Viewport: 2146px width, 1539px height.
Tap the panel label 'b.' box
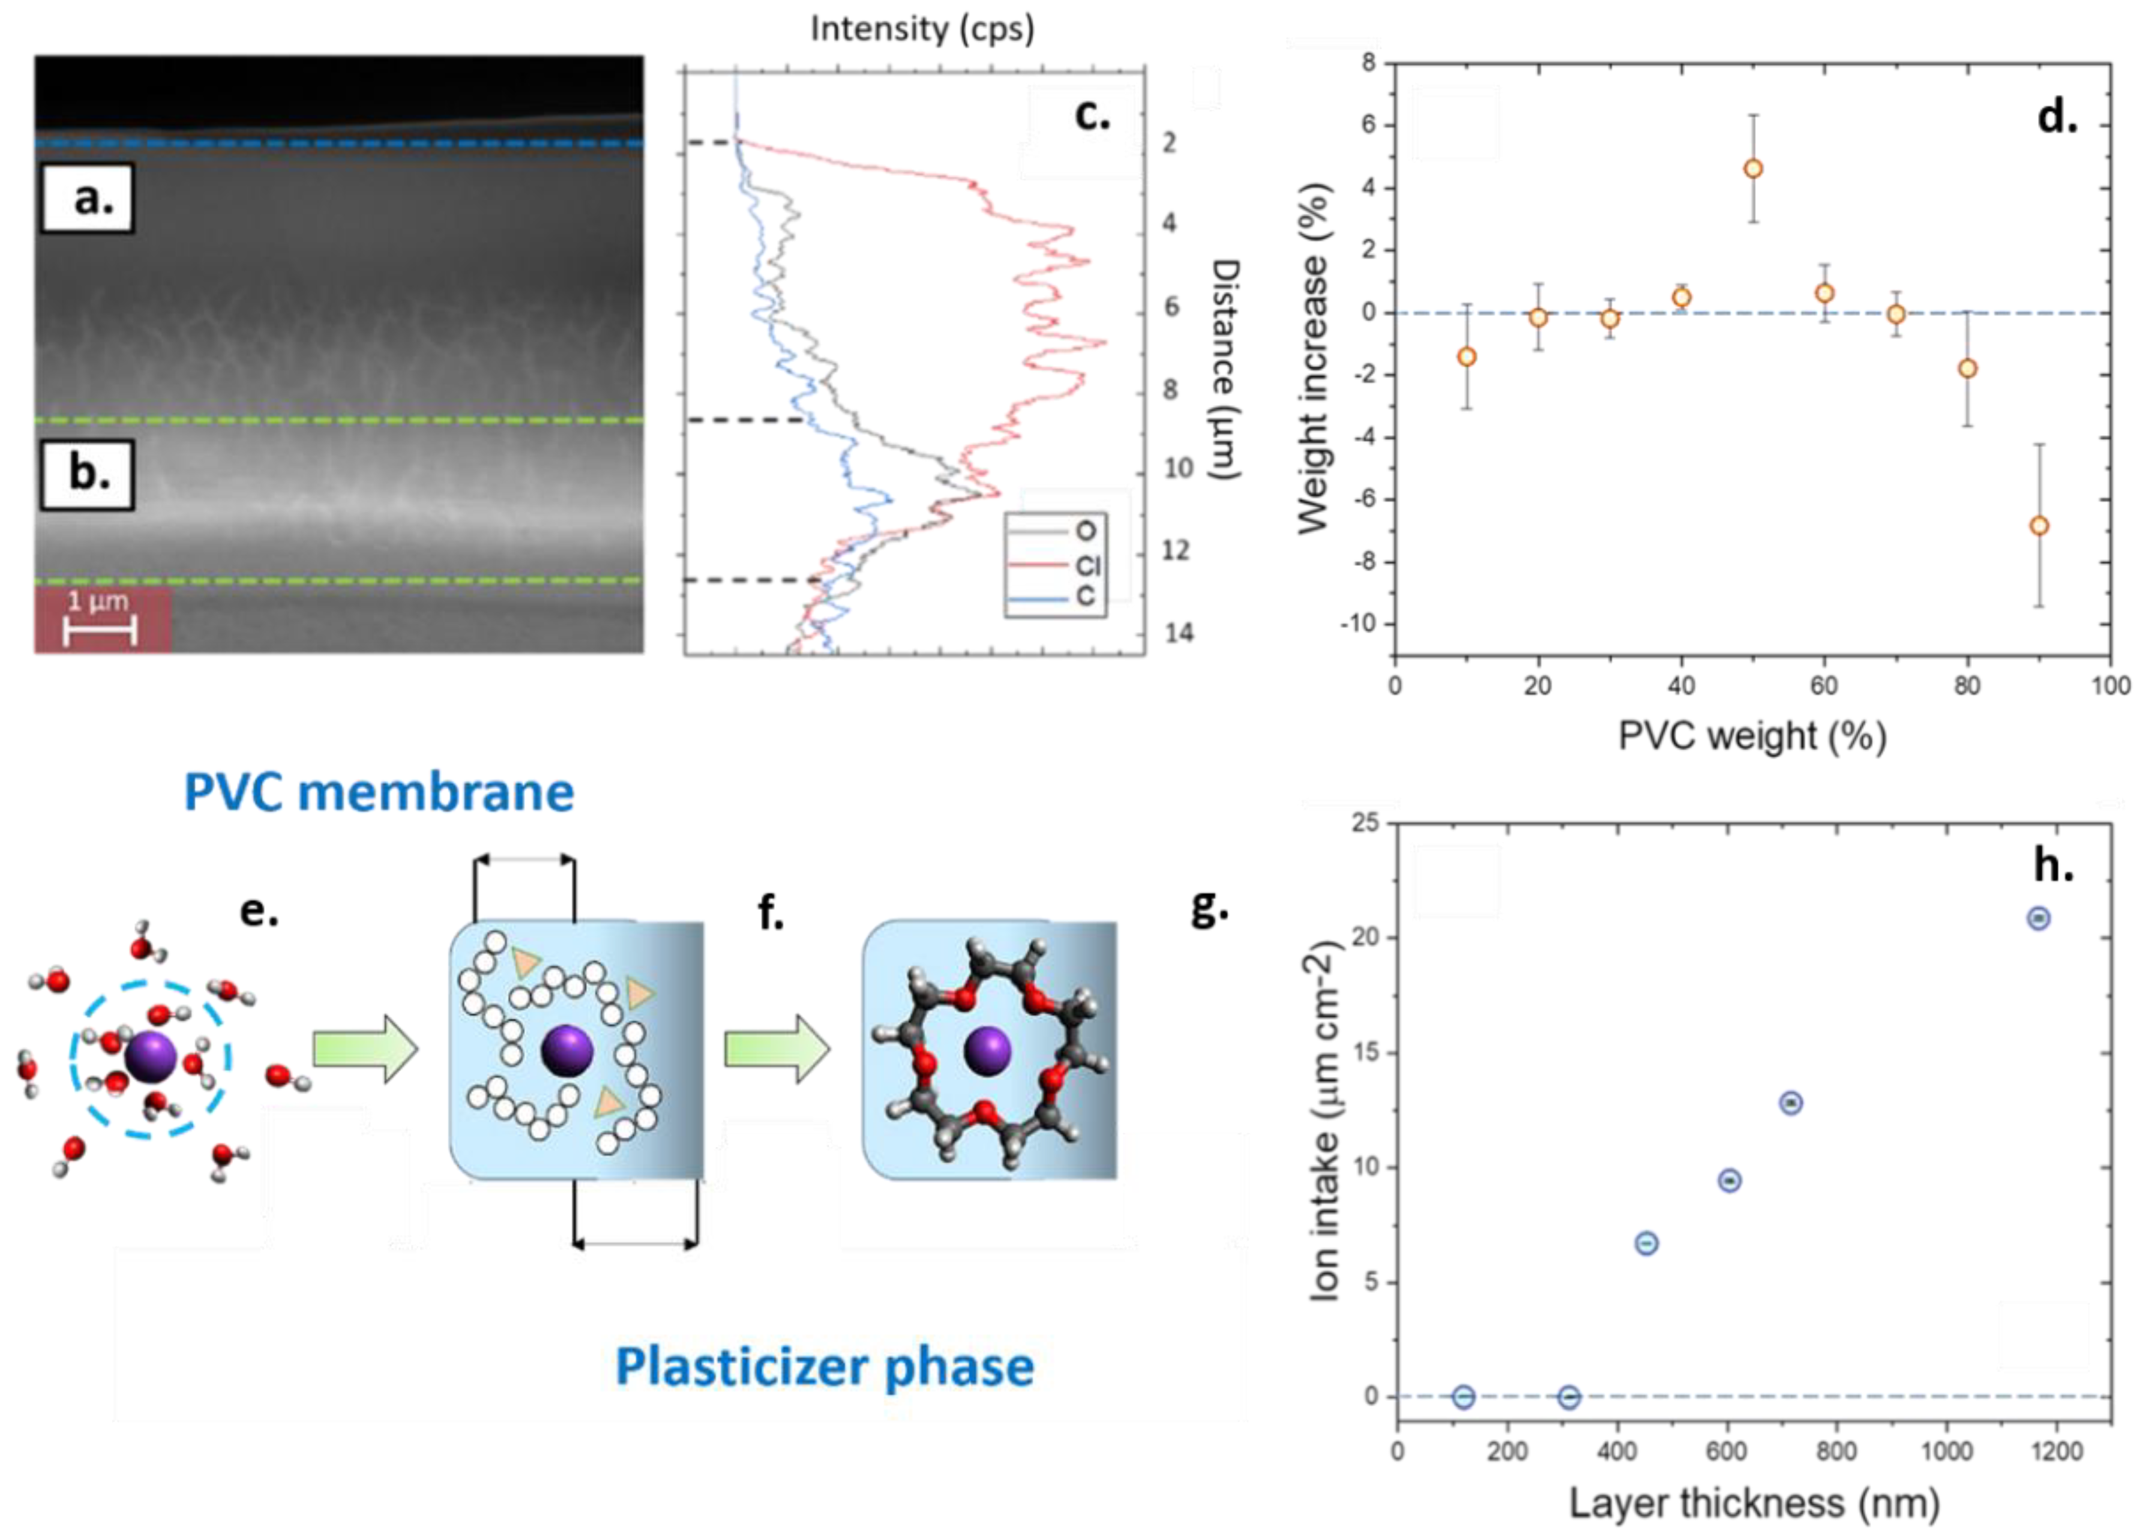[87, 474]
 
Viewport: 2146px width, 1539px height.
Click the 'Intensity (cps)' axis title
[922, 29]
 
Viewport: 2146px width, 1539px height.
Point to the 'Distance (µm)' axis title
[1226, 369]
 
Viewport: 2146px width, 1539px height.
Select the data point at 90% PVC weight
[2039, 525]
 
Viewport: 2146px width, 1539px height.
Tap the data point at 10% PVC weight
[1467, 357]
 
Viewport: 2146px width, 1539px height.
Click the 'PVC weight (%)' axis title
[1752, 735]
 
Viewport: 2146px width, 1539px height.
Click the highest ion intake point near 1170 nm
[2038, 918]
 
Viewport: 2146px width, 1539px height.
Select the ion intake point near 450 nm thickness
[1646, 1242]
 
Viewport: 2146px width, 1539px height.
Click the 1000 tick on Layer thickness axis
[1946, 1451]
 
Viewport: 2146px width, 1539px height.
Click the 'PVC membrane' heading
[379, 792]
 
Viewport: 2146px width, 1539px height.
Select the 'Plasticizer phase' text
[824, 1367]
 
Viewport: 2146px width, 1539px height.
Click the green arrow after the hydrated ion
[364, 1049]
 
